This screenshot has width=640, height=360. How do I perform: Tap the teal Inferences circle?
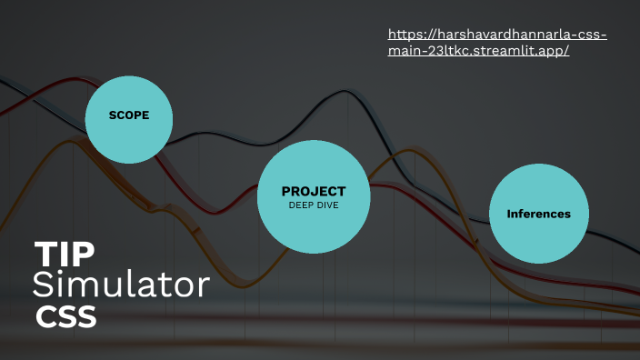538,214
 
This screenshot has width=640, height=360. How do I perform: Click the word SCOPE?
128,115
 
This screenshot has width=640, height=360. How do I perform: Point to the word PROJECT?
314,191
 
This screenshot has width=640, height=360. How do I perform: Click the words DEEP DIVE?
314,205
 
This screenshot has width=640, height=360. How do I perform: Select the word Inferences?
538,215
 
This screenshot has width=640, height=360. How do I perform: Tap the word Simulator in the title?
121,285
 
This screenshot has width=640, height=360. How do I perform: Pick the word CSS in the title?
65,317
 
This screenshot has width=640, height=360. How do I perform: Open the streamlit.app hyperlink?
497,42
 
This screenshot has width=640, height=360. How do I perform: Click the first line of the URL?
497,35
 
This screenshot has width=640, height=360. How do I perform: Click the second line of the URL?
478,50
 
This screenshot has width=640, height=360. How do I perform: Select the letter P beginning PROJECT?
286,191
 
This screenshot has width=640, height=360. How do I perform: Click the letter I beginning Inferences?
508,215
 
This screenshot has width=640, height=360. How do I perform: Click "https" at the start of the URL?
403,35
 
